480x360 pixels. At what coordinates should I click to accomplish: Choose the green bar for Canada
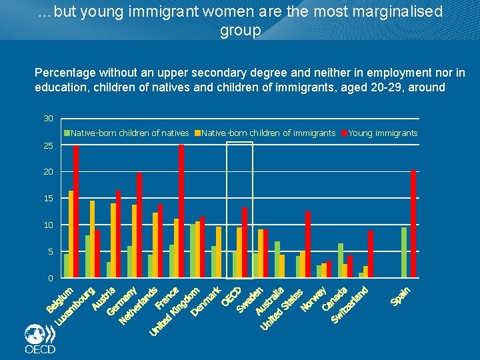coord(341,261)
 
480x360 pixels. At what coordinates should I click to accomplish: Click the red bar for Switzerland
coord(371,254)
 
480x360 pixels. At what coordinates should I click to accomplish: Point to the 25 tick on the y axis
coord(48,145)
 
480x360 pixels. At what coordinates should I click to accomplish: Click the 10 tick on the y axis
coord(48,225)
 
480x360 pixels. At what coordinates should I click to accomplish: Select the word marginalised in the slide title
coord(394,11)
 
